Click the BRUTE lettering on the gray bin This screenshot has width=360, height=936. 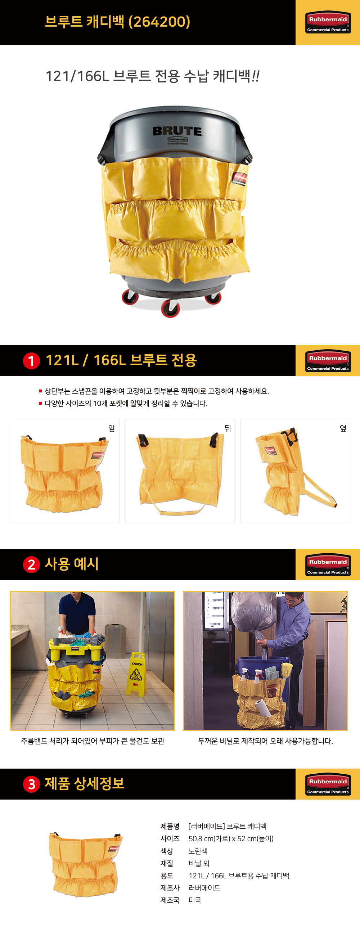[x=177, y=131]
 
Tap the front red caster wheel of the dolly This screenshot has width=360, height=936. [x=171, y=309]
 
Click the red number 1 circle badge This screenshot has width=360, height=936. [x=32, y=361]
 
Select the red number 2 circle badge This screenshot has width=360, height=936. [x=32, y=564]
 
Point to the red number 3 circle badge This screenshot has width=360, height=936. [x=32, y=784]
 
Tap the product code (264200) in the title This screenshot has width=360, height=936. [x=159, y=22]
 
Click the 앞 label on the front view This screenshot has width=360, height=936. [x=112, y=428]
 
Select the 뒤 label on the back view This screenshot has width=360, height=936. [x=228, y=428]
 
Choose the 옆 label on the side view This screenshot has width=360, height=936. [x=343, y=428]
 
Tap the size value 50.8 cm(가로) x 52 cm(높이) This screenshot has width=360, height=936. [x=231, y=839]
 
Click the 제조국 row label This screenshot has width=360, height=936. [x=170, y=900]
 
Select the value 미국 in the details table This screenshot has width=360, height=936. [x=195, y=900]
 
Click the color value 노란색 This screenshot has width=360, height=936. [x=198, y=851]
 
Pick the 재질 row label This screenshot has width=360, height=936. [x=167, y=863]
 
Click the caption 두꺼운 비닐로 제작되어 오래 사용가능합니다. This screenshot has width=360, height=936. [x=265, y=741]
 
